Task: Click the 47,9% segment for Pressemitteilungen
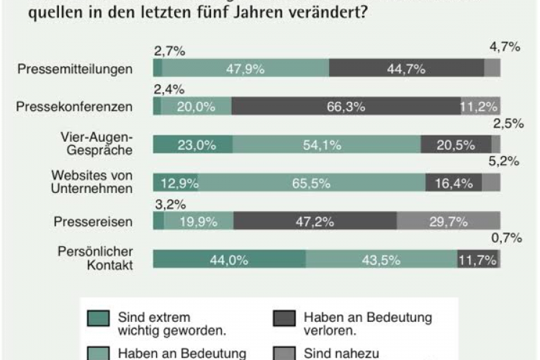tap(246, 68)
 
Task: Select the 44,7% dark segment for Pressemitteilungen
tap(406, 68)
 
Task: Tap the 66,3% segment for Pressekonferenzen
tap(346, 107)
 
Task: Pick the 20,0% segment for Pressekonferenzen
tap(197, 107)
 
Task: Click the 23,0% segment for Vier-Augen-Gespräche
tap(193, 145)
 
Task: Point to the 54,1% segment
tap(327, 145)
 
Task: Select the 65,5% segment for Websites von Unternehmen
tap(312, 183)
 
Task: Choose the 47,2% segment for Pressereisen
tap(315, 221)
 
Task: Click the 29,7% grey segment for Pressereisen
tap(449, 221)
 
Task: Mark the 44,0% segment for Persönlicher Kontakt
tap(229, 259)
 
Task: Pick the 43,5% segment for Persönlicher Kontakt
tap(381, 259)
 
